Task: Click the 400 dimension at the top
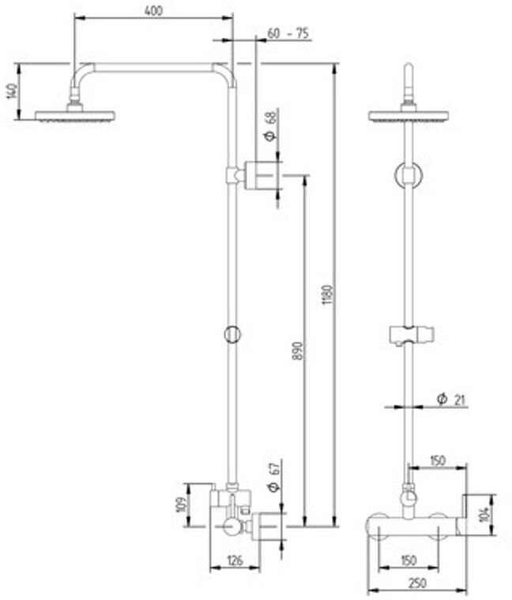154,12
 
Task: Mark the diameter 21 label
451,399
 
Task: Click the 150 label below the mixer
408,561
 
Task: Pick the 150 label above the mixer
438,459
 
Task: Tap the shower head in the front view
408,115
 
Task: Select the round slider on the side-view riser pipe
232,334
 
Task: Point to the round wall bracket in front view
408,176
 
